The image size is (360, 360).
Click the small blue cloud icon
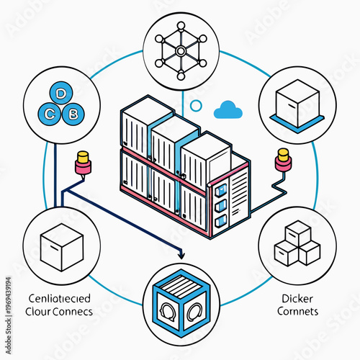(x=228, y=109)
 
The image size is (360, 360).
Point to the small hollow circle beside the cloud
(x=196, y=106)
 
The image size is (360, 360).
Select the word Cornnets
(x=297, y=313)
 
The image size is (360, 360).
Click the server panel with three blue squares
(x=222, y=202)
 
